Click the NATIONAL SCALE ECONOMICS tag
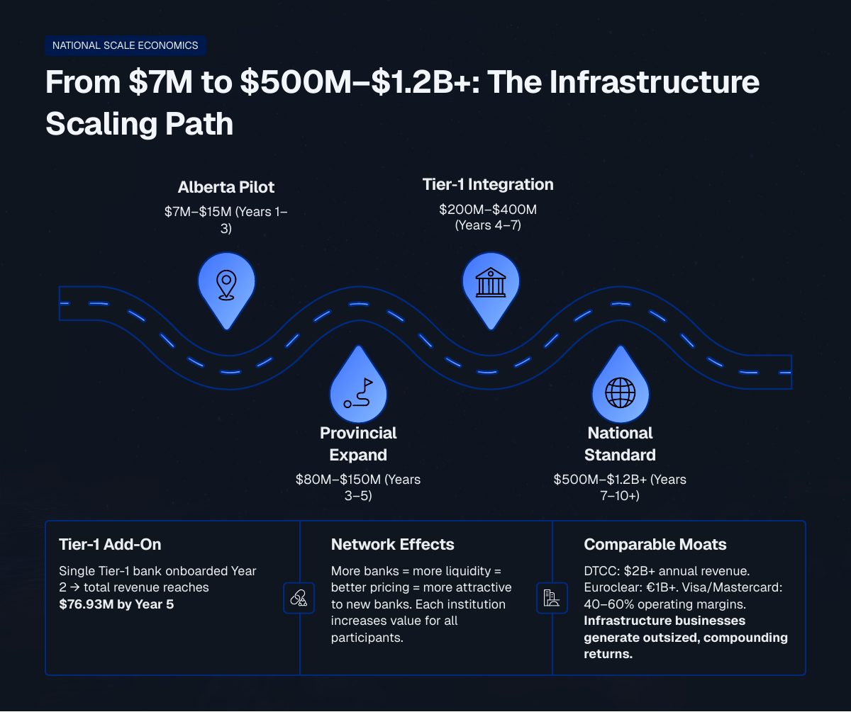click(125, 45)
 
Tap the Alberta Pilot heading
click(226, 187)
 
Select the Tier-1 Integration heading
click(488, 184)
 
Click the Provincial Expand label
click(358, 443)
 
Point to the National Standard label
click(620, 443)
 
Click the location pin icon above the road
click(226, 285)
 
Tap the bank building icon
click(491, 282)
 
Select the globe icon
click(621, 393)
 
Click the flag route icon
click(358, 393)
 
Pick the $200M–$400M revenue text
click(488, 209)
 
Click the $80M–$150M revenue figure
click(338, 480)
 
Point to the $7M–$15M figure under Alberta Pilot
click(198, 212)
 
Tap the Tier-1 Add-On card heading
click(110, 545)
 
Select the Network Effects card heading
click(392, 545)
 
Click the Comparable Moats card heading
click(655, 545)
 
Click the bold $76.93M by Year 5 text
click(116, 604)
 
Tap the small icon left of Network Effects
click(299, 598)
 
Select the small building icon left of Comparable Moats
click(552, 598)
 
